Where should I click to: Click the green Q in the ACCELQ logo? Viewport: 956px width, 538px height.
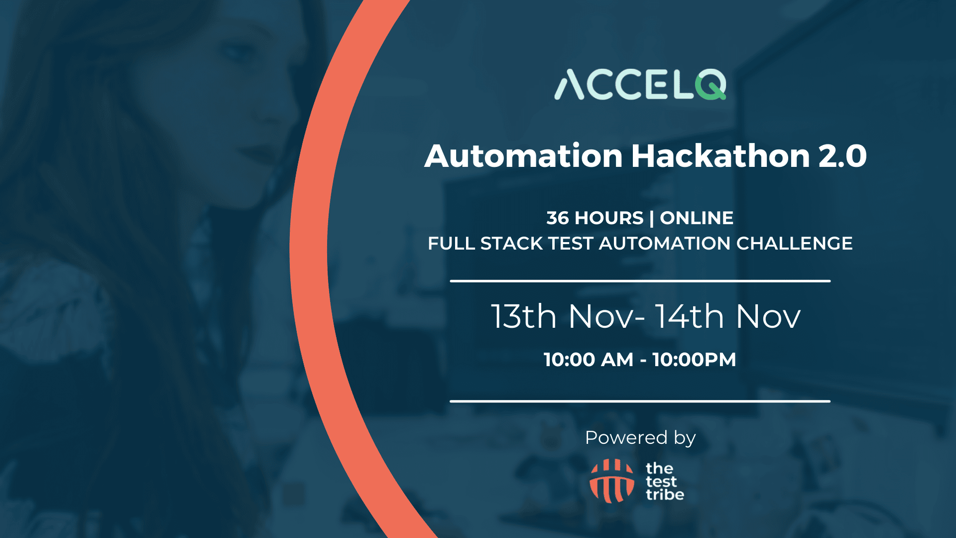(x=710, y=85)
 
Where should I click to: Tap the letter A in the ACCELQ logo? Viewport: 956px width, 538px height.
(x=569, y=85)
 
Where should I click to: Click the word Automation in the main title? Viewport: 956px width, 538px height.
(x=523, y=156)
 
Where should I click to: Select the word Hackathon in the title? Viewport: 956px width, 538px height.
(x=720, y=156)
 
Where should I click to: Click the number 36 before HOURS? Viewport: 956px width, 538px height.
(x=557, y=218)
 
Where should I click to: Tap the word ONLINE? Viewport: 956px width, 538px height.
(x=697, y=218)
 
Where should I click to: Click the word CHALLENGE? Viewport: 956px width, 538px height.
(x=794, y=244)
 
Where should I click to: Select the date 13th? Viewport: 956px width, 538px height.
(x=524, y=316)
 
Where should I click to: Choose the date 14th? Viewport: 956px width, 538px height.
(x=689, y=316)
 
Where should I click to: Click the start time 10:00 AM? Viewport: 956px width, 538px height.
(x=589, y=360)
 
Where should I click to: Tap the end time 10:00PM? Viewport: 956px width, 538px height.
(x=694, y=360)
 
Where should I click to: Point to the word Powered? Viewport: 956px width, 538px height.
(x=626, y=437)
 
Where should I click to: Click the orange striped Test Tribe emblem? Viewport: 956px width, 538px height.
(x=612, y=481)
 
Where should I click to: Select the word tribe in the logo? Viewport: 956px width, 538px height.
(x=665, y=495)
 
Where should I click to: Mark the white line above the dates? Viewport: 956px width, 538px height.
(x=640, y=281)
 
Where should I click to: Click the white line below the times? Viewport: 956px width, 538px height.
(x=640, y=401)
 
